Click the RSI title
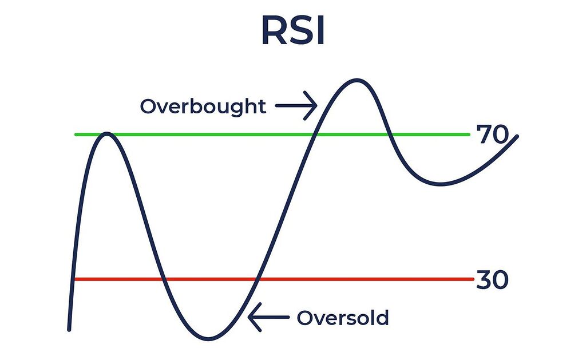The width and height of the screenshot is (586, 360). [293, 32]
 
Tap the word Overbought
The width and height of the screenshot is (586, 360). [203, 106]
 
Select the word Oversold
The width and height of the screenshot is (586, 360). [342, 318]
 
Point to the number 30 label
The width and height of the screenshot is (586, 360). [492, 281]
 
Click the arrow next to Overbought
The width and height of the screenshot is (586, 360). [295, 106]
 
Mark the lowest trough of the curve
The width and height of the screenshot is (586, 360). [209, 338]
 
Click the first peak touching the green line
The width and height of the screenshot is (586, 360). [106, 134]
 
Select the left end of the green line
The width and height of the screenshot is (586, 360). [76, 134]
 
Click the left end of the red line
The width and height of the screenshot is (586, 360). [76, 279]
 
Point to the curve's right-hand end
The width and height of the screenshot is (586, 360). [517, 136]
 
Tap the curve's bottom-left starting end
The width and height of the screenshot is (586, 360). [69, 329]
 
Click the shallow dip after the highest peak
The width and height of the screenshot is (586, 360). [441, 184]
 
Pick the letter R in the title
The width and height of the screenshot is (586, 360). [274, 32]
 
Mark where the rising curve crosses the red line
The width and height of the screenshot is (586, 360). [257, 279]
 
